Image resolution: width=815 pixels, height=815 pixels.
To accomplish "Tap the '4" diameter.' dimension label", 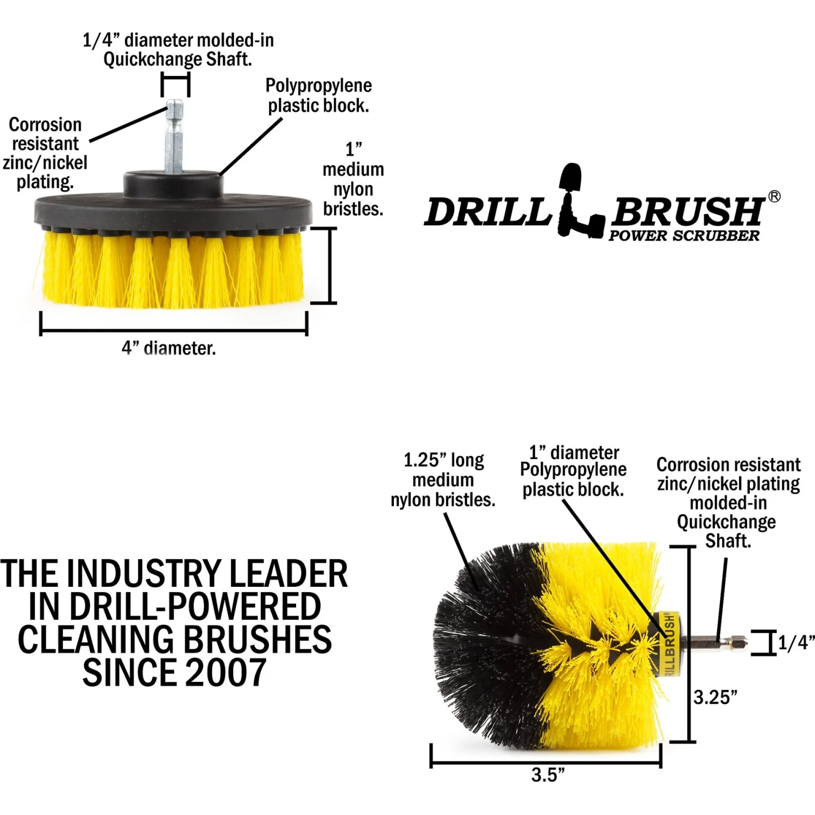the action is (168, 348).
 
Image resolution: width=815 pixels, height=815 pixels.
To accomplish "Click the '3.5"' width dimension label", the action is (548, 774).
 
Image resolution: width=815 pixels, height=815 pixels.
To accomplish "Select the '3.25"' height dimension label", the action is (716, 697).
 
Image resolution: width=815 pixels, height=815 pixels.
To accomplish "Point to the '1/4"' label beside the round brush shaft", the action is (796, 643).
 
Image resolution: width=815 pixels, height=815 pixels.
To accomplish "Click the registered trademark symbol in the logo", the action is (775, 196).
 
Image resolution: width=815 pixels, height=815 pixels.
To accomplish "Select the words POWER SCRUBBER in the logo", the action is (684, 236).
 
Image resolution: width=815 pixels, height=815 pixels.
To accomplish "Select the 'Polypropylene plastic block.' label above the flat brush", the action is (319, 96).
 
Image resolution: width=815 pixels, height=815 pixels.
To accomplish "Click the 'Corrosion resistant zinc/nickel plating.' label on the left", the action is (45, 153).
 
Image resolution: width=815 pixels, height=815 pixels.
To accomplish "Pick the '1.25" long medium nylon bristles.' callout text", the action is (443, 480).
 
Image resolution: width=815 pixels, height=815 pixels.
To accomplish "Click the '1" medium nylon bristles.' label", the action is (353, 179).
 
